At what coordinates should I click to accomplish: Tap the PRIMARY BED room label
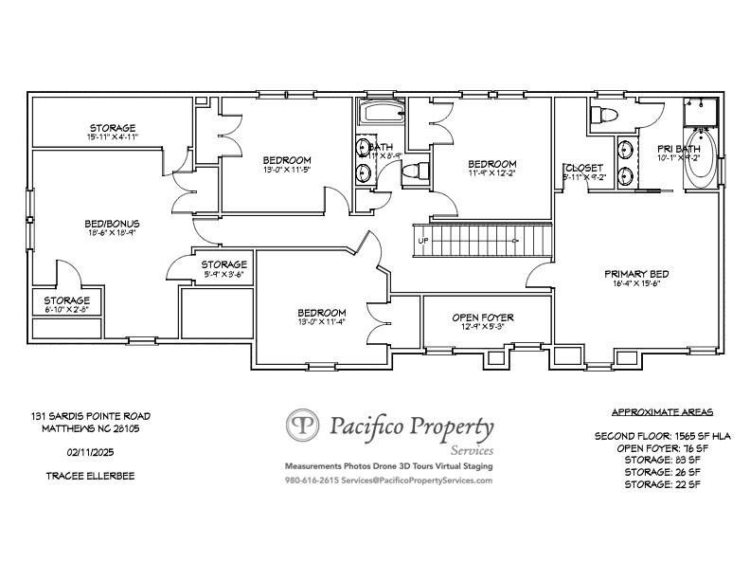pyautogui.click(x=637, y=274)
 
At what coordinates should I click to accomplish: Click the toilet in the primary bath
pyautogui.click(x=603, y=117)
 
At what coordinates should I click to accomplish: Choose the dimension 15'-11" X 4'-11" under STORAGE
pyautogui.click(x=113, y=137)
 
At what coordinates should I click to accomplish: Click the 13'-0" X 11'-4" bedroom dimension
pyautogui.click(x=322, y=321)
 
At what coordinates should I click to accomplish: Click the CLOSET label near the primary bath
pyautogui.click(x=584, y=168)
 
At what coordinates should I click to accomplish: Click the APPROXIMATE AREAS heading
pyautogui.click(x=662, y=412)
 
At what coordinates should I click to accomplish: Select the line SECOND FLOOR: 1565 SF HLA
pyautogui.click(x=662, y=436)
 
